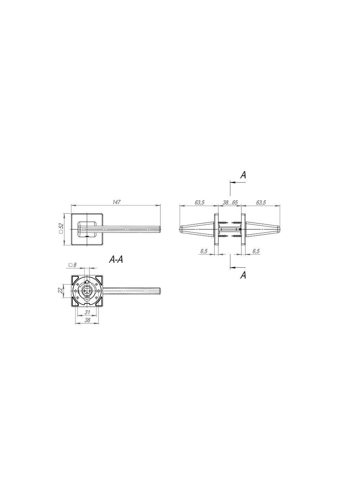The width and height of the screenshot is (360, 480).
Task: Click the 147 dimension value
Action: coord(117,202)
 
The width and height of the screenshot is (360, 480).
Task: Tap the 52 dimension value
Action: coord(61,226)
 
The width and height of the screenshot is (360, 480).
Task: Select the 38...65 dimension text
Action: coord(230,203)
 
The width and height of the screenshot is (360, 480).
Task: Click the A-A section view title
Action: coord(116,260)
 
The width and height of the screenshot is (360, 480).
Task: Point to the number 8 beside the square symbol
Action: coord(74,265)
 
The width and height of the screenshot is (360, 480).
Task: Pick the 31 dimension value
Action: coord(87,312)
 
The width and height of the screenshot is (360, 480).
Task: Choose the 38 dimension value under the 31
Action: coord(87,320)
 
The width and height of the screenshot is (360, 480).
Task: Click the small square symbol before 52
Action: coord(61,232)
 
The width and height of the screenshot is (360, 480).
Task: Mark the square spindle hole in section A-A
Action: coord(87,291)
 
